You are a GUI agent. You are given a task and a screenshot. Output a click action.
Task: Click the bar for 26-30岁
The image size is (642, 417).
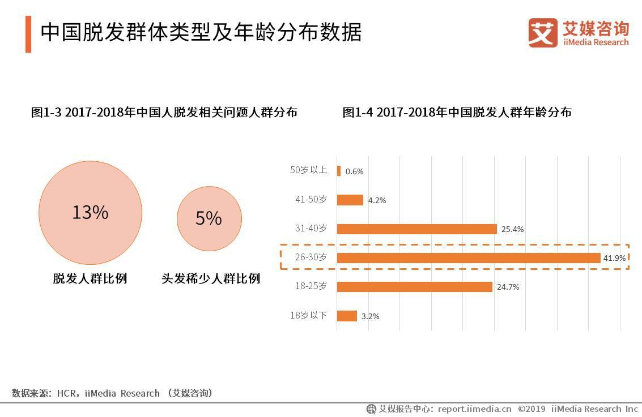[468, 258]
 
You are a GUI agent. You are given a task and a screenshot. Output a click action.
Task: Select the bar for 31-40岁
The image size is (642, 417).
[416, 229]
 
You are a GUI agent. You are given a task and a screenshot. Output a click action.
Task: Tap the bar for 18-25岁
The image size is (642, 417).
[414, 287]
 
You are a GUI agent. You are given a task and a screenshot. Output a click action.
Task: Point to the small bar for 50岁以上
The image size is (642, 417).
[339, 171]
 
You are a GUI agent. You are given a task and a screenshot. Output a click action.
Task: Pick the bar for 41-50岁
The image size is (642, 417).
[350, 200]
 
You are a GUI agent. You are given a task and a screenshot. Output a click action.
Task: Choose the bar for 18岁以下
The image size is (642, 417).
[347, 316]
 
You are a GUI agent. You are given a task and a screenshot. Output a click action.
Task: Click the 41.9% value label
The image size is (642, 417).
[614, 258]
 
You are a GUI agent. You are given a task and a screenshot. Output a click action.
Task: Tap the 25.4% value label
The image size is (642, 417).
[512, 229]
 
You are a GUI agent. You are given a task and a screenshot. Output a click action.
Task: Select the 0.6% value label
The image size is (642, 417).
[354, 171]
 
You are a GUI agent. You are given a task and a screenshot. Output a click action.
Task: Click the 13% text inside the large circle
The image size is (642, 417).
[90, 212]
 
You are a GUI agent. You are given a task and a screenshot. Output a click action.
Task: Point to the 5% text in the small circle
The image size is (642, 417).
[209, 218]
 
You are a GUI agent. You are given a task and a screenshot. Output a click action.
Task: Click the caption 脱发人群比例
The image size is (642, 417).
[90, 278]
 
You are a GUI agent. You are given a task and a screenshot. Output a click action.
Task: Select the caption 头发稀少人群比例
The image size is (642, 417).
[210, 278]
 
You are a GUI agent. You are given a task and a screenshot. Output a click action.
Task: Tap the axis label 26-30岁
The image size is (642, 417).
[311, 257]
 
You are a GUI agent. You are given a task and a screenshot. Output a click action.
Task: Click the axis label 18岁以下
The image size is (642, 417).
[308, 315]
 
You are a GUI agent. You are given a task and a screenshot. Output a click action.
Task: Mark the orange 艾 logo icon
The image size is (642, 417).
[543, 32]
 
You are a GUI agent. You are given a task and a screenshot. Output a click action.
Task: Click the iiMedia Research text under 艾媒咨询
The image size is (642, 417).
[596, 42]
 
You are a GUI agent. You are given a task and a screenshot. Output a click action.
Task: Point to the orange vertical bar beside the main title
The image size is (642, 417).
[28, 34]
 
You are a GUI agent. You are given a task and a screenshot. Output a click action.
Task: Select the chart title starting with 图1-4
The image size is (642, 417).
[457, 112]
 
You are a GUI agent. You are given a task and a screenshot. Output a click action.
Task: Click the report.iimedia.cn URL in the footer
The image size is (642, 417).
[474, 409]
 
